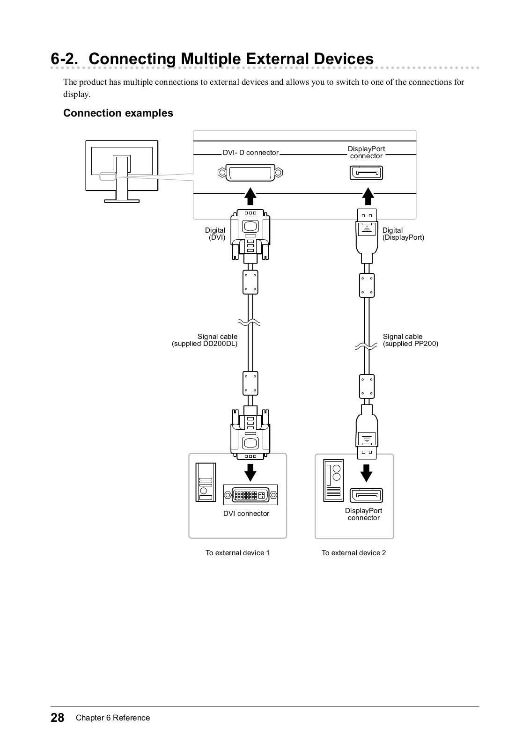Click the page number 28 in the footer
pyautogui.click(x=57, y=718)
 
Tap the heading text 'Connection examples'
pyautogui.click(x=118, y=113)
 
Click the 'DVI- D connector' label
pyautogui.click(x=251, y=153)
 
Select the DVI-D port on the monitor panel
pyautogui.click(x=250, y=173)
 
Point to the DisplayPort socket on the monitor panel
pyautogui.click(x=366, y=173)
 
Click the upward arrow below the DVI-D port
pyautogui.click(x=250, y=196)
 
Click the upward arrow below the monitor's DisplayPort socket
pyautogui.click(x=368, y=196)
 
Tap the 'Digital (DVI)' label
pyautogui.click(x=215, y=234)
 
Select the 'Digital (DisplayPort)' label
pyautogui.click(x=403, y=234)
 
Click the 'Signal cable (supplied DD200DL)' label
pyautogui.click(x=205, y=340)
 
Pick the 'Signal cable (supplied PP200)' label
pyautogui.click(x=410, y=340)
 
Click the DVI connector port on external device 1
pyautogui.click(x=250, y=495)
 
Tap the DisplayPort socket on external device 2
pyautogui.click(x=366, y=495)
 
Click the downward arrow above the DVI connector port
pyautogui.click(x=250, y=472)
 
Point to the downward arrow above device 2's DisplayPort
pyautogui.click(x=367, y=473)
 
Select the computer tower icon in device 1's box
pyautogui.click(x=206, y=482)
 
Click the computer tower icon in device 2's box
pyautogui.click(x=333, y=480)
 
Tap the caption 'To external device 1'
pyautogui.click(x=237, y=553)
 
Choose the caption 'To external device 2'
pyautogui.click(x=354, y=553)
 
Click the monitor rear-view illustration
pyautogui.click(x=122, y=171)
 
